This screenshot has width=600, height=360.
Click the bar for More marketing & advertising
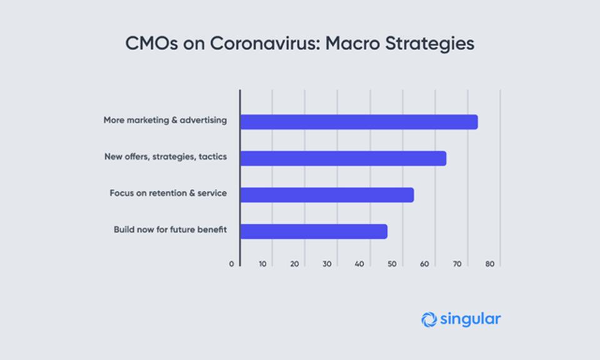click(359, 122)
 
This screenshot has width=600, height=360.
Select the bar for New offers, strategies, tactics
click(343, 158)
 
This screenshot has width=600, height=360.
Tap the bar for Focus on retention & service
click(327, 195)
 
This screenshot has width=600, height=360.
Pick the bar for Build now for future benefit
click(314, 231)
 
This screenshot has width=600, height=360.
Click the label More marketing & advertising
click(165, 120)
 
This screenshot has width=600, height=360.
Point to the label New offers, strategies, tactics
click(166, 157)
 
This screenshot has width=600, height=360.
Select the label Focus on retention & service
click(168, 193)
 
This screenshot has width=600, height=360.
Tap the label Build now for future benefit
click(170, 229)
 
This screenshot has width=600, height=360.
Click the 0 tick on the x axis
click(231, 264)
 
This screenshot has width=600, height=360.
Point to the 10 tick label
click(262, 264)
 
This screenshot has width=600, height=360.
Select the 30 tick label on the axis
click(327, 264)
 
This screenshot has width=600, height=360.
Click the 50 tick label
click(392, 264)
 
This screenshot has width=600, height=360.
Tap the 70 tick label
click(457, 264)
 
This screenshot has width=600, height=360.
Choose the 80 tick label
click(490, 264)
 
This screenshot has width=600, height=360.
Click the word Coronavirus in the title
click(264, 43)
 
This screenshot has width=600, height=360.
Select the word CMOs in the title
click(151, 43)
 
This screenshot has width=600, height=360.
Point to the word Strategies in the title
click(430, 44)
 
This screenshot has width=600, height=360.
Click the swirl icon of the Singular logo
click(429, 319)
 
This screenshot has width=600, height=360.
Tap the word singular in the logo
click(470, 319)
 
